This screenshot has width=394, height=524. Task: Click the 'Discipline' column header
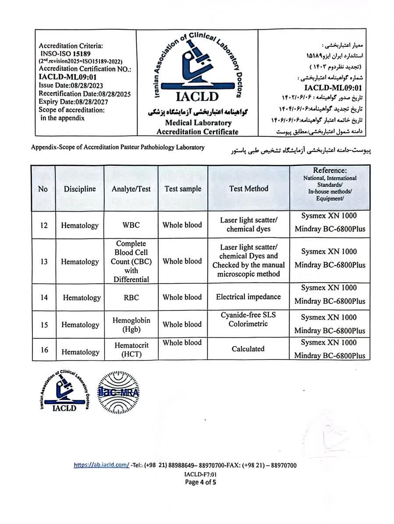tap(80, 189)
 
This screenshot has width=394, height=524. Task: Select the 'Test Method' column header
tap(248, 189)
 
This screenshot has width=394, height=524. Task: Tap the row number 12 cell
tap(44, 225)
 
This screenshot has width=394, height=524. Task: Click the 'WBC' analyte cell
tap(131, 225)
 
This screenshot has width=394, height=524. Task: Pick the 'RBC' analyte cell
tap(131, 297)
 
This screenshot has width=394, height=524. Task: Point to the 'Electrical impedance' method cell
tap(248, 297)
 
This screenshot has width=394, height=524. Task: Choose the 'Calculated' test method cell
tap(248, 349)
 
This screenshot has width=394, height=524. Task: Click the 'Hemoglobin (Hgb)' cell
tap(131, 325)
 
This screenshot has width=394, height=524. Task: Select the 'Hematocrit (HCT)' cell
tap(131, 349)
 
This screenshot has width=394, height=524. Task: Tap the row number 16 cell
tap(44, 350)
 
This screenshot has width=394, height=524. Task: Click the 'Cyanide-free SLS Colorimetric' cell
tap(248, 319)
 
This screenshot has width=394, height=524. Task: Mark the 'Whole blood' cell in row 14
tap(182, 297)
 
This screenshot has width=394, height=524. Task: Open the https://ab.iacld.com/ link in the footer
tap(101, 465)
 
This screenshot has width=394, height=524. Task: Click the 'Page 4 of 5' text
tap(201, 482)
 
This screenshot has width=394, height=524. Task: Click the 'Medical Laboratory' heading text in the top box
tap(198, 123)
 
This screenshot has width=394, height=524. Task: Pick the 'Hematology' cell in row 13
tap(80, 262)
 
